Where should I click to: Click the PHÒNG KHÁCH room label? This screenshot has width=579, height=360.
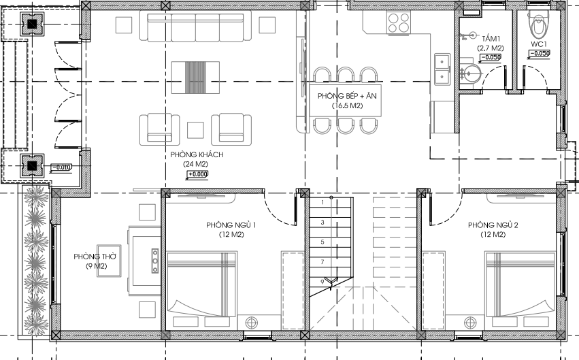197,154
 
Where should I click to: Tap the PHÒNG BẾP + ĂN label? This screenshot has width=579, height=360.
347,96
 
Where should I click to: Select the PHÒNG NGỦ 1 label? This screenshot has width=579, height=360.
231,225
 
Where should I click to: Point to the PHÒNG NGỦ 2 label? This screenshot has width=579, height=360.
493,225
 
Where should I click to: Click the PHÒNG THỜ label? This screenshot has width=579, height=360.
95,257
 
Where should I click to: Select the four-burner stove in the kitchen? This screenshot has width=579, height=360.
399,22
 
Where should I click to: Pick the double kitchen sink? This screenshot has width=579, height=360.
442,69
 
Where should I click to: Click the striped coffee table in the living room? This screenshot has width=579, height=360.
195,78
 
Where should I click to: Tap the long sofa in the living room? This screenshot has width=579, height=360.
195,26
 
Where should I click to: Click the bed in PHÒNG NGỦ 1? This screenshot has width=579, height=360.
201,284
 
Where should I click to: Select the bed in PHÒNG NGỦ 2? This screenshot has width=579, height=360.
520,284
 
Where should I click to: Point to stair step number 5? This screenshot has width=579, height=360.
322,242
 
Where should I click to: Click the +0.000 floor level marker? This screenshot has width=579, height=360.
197,174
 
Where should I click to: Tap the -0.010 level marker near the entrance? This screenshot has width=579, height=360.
61,167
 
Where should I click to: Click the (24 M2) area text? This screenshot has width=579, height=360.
196,164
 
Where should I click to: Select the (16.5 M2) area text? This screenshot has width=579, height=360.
347,105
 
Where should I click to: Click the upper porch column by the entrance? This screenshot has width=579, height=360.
32,24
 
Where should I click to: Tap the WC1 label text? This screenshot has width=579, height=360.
539,44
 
